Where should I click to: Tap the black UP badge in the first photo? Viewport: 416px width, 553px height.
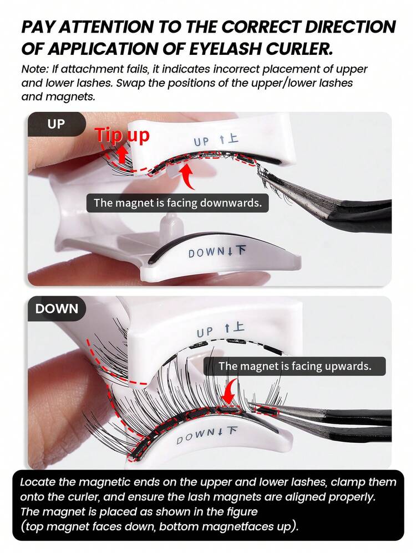click(56, 124)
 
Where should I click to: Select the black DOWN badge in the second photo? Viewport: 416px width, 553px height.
click(57, 308)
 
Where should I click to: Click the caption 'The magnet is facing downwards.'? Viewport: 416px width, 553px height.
click(177, 203)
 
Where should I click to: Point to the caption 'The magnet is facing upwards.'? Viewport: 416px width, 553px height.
click(295, 366)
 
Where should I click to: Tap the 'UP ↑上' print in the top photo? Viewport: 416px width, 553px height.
click(216, 141)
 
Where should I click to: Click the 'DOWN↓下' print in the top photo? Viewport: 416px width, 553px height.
click(217, 252)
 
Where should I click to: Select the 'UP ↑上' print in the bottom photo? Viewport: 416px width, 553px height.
click(220, 330)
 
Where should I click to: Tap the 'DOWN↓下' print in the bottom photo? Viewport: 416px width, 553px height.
click(207, 435)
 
